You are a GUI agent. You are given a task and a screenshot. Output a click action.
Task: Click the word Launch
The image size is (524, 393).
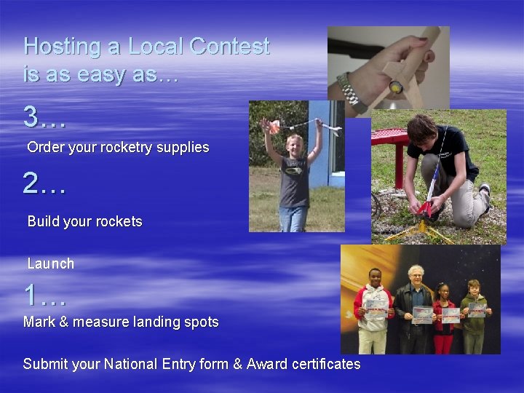point(51,263)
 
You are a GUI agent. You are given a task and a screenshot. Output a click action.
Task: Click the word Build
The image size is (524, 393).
point(43,221)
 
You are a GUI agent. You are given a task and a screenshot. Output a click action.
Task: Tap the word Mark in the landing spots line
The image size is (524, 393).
point(39,322)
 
